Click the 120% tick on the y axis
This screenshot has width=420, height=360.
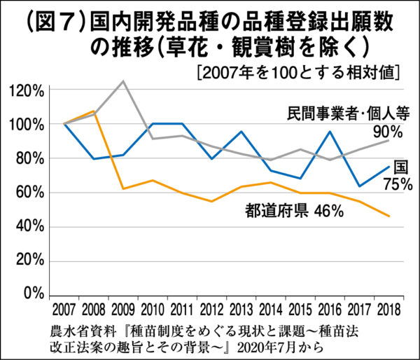[x=28, y=90]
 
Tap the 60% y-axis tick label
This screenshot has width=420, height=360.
[x=31, y=192]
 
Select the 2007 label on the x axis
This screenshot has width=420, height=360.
[x=63, y=308]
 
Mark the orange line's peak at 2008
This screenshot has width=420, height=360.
[x=94, y=111]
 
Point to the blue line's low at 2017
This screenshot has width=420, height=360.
[x=359, y=186]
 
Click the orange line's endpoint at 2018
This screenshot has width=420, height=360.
[x=389, y=216]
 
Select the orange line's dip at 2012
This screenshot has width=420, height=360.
[x=212, y=201]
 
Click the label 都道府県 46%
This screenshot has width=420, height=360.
[x=293, y=210]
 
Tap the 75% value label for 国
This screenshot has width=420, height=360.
[x=398, y=184]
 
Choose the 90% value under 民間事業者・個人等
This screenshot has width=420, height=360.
[x=387, y=132]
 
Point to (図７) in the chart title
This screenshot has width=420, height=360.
[x=43, y=19]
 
